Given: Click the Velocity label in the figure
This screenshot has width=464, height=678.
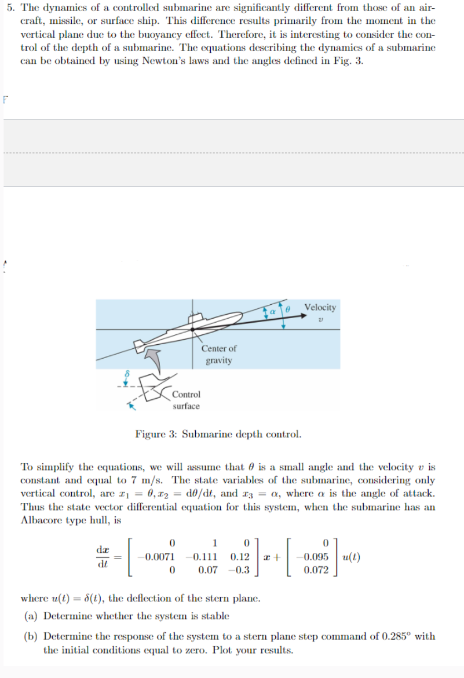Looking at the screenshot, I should [320, 307].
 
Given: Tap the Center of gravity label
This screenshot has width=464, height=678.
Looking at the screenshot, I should [218, 354].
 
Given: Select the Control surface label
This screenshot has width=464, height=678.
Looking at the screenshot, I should [186, 400].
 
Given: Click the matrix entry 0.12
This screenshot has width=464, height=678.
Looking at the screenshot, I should [240, 557].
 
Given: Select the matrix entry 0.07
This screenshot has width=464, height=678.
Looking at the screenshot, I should [207, 570].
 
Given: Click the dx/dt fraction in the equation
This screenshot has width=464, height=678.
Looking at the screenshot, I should [104, 557].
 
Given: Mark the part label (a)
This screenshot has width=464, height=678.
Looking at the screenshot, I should [31, 615].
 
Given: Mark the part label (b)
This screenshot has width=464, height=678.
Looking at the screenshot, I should [31, 636].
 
